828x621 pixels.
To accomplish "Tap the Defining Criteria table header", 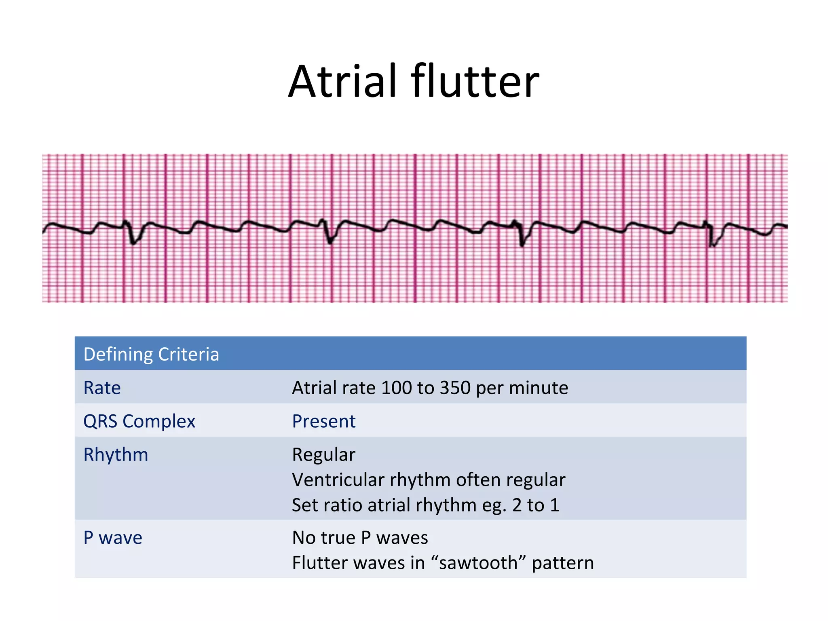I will [151, 354].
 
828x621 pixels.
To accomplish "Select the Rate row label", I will [102, 388].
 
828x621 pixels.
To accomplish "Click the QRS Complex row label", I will [139, 421].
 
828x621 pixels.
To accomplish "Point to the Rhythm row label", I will [116, 455].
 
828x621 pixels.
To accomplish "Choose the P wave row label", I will [113, 538].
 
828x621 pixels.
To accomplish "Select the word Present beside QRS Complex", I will [324, 421].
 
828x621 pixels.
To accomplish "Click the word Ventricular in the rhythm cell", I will [338, 480].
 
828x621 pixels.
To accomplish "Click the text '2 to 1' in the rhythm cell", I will [536, 505].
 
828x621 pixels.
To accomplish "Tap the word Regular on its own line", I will [324, 455].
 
